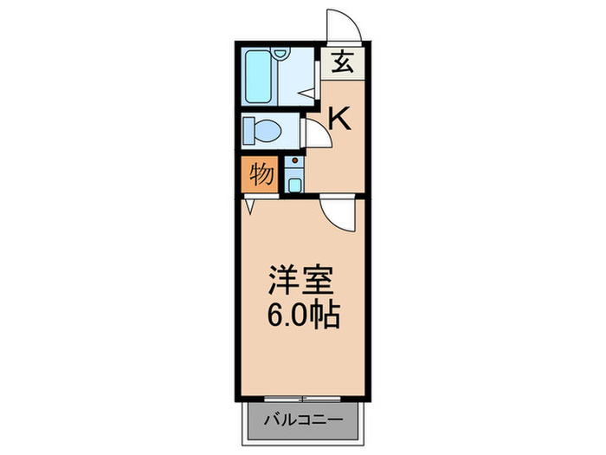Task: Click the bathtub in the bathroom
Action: click(257, 75)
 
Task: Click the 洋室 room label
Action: click(299, 281)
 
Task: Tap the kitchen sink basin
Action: click(294, 183)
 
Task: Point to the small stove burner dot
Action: click(294, 162)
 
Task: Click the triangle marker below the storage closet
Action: click(249, 206)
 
